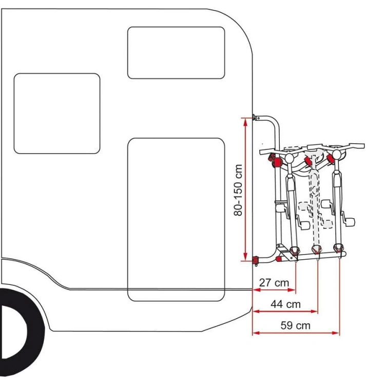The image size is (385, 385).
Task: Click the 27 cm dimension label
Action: point(274,283)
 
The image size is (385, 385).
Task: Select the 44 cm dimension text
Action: point(285,304)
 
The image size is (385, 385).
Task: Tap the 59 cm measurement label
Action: point(295,325)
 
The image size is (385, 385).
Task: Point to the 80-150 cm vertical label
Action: point(238,190)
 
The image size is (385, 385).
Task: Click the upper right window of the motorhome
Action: point(176,53)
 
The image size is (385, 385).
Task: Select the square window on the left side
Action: point(57,113)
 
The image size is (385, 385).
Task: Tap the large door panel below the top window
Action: point(176,220)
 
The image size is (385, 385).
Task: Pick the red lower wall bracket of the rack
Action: point(256,260)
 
